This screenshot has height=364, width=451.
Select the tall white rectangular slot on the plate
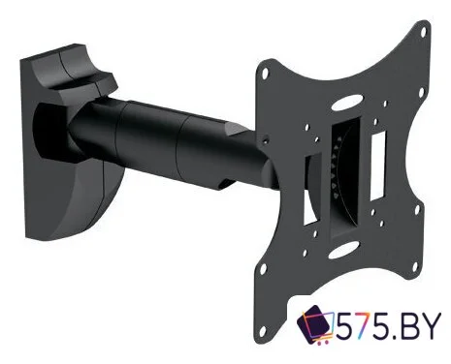tap(378, 166)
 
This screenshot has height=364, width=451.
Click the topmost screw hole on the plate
tap(423, 32)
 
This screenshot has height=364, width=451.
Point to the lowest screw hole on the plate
tap(264, 330)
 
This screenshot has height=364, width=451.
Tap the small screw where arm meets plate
tap(266, 140)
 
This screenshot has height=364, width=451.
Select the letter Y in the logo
tap(430, 325)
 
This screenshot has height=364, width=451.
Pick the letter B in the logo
tap(407, 325)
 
